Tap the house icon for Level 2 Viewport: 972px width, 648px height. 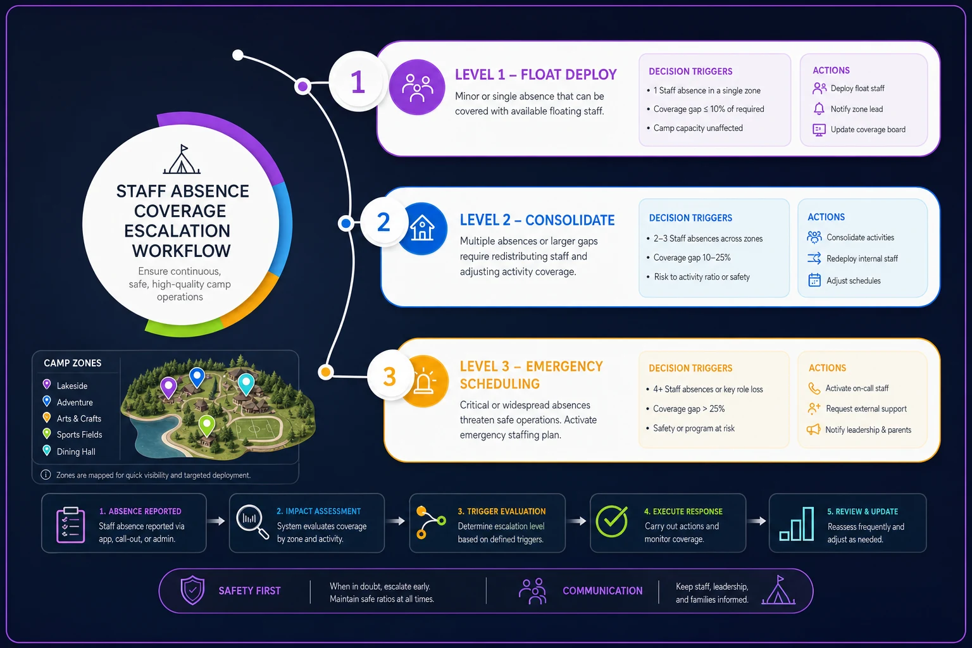422,228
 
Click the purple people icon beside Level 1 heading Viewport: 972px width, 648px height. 417,87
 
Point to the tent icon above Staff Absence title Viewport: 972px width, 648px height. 182,159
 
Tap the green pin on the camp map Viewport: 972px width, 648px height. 206,425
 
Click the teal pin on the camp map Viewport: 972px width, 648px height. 246,384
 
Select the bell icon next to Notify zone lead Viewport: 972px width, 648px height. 819,108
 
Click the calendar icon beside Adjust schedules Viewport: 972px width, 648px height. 814,280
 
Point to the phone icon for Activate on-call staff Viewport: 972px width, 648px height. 814,388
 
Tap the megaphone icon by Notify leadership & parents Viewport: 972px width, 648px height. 814,429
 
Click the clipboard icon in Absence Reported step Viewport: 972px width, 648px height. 71,525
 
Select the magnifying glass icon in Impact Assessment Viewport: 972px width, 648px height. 252,522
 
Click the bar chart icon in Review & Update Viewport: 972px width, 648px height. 797,524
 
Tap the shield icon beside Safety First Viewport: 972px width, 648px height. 192,590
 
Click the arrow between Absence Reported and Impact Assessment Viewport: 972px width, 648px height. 216,521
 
